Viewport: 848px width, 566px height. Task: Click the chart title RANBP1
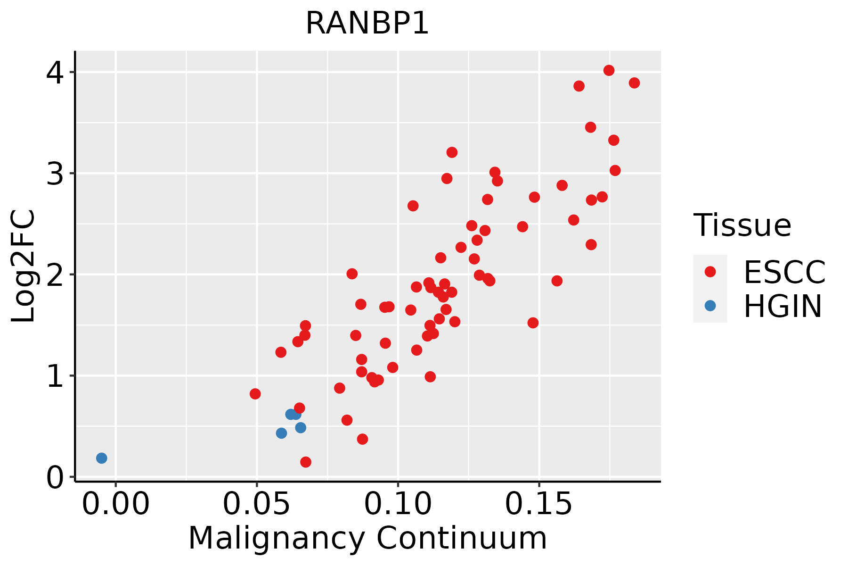pyautogui.click(x=367, y=23)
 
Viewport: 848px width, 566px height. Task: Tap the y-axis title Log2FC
pyautogui.click(x=24, y=266)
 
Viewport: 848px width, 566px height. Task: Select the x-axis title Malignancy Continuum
pyautogui.click(x=367, y=538)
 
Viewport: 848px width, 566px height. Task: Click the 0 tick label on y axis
pyautogui.click(x=55, y=477)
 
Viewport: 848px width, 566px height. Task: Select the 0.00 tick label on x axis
pyautogui.click(x=115, y=504)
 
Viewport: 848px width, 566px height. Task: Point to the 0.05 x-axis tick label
pyautogui.click(x=257, y=504)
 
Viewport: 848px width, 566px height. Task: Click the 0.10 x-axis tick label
pyautogui.click(x=398, y=504)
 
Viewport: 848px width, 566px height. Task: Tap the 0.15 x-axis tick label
pyautogui.click(x=539, y=504)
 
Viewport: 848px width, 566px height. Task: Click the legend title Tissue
pyautogui.click(x=742, y=225)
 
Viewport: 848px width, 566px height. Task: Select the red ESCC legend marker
pyautogui.click(x=710, y=271)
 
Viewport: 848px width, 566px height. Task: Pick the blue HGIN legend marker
pyautogui.click(x=710, y=306)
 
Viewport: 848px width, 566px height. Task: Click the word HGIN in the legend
pyautogui.click(x=783, y=307)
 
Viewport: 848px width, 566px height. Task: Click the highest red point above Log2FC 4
pyautogui.click(x=609, y=70)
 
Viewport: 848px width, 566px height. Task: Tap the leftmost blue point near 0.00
pyautogui.click(x=101, y=458)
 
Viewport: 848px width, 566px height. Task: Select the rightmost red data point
pyautogui.click(x=634, y=83)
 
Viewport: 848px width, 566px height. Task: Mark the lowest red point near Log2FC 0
pyautogui.click(x=305, y=462)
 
